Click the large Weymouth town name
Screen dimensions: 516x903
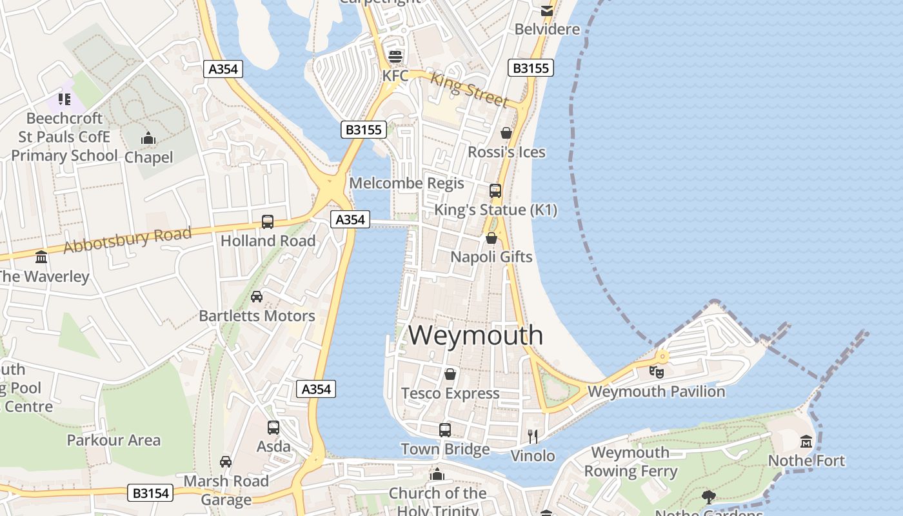tap(476, 335)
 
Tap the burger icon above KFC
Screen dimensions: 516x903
tap(395, 55)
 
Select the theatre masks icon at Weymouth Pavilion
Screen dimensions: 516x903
tap(657, 372)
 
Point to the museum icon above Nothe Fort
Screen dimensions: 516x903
tap(806, 442)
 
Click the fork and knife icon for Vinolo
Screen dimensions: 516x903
tap(533, 437)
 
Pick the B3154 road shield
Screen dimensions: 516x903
tap(151, 493)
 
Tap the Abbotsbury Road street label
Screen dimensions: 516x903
tap(128, 239)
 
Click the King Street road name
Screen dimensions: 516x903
tap(469, 89)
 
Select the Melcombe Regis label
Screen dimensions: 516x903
tap(406, 183)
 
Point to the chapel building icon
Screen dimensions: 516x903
tap(148, 138)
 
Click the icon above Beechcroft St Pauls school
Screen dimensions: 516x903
tap(64, 99)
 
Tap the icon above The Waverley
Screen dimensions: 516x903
tap(42, 257)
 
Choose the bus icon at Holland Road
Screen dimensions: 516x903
tap(268, 222)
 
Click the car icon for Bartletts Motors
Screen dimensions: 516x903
tap(257, 297)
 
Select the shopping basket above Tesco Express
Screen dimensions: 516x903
tap(450, 374)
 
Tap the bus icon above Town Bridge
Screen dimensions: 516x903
tap(445, 430)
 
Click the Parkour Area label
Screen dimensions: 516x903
tap(114, 441)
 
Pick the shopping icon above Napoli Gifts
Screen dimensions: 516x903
tap(491, 238)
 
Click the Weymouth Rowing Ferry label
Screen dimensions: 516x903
tap(630, 462)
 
